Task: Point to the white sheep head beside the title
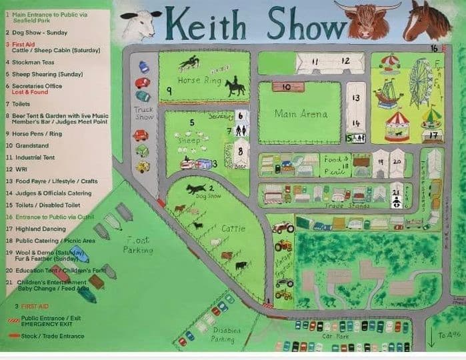142,25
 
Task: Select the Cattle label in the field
233,228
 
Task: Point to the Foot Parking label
137,245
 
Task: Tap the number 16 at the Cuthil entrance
434,48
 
